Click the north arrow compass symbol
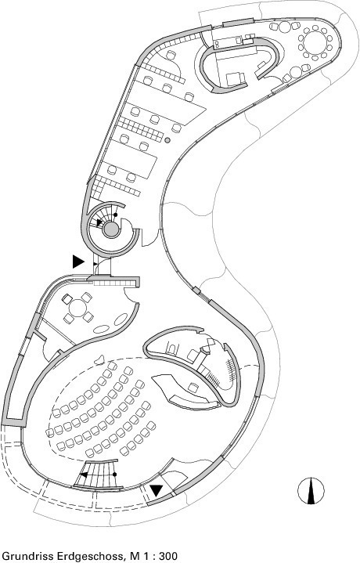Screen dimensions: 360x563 [x=311, y=490]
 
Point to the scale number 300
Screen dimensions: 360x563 [x=167, y=556]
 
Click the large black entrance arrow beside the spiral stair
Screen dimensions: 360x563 [x=78, y=262]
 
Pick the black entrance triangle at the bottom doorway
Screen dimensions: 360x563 [x=157, y=490]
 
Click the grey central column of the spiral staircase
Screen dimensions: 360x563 [x=110, y=229]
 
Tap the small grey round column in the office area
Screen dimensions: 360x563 [x=167, y=140]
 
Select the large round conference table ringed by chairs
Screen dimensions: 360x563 [x=315, y=42]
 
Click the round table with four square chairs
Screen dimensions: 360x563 [x=78, y=308]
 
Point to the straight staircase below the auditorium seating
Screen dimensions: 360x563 [x=99, y=474]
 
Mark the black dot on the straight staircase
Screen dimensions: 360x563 [x=114, y=475]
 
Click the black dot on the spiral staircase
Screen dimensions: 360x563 [x=115, y=215]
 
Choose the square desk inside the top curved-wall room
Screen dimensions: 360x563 [x=236, y=79]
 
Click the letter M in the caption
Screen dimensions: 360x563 [x=135, y=556]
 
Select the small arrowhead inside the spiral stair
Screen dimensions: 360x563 [x=99, y=222]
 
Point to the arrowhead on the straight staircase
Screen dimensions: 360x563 [x=83, y=475]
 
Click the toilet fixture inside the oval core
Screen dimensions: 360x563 [x=173, y=348]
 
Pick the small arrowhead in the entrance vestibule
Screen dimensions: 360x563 [x=95, y=264]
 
